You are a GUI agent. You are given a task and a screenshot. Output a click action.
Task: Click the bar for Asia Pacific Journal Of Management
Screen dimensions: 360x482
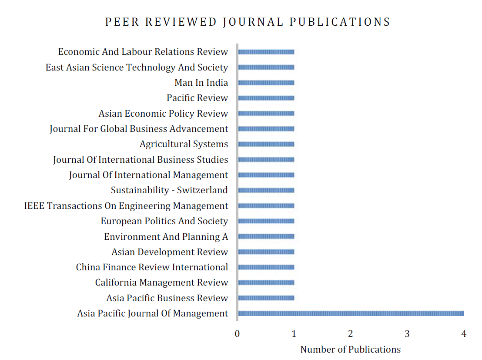tap(351, 313)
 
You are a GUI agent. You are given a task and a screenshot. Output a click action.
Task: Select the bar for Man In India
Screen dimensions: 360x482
tap(266, 83)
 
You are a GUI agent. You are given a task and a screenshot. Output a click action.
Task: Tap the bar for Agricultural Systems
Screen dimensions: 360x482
tap(266, 144)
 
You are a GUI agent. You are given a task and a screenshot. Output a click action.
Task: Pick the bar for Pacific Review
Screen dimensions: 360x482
tap(266, 98)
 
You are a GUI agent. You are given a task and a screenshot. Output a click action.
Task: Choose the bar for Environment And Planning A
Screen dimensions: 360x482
tap(266, 236)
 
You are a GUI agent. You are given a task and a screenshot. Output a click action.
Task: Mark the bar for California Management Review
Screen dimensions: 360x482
tap(266, 283)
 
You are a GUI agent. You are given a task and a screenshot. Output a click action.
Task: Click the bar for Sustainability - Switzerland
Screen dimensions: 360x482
tap(266, 190)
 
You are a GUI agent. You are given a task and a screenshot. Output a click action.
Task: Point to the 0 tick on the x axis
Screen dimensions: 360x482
tap(237, 334)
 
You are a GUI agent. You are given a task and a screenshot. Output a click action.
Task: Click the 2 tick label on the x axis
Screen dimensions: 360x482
tap(351, 334)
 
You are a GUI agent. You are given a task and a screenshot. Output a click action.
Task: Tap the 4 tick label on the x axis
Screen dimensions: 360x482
tap(464, 334)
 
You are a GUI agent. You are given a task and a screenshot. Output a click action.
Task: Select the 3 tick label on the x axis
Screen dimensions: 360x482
tap(407, 334)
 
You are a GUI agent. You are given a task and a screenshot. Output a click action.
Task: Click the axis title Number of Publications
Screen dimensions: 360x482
tap(350, 350)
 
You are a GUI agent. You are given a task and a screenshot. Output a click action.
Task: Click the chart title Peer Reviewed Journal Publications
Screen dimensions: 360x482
tap(248, 22)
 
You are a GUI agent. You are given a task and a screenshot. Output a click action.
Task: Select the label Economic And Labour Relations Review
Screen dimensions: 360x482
tap(143, 52)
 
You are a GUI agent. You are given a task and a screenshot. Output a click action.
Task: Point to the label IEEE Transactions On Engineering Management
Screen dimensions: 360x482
tap(126, 206)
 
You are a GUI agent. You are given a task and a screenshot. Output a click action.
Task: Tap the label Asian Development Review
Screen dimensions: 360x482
tap(170, 252)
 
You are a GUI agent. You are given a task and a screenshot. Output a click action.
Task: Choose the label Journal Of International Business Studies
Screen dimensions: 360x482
tap(141, 160)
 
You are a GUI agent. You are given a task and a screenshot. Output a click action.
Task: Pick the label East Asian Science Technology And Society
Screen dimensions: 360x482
tap(137, 67)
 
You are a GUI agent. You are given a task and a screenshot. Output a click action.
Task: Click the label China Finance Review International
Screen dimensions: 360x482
tap(152, 267)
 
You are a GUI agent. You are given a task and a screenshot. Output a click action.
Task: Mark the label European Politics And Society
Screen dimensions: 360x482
tap(164, 221)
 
